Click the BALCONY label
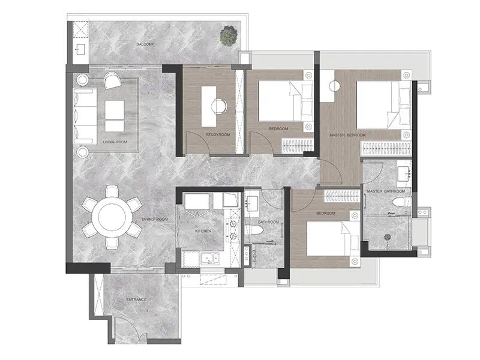coord(145,44)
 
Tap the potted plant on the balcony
coord(229,35)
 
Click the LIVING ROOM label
coord(115,142)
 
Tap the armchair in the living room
coord(112,80)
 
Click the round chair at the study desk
coord(219,106)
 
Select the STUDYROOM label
coord(218,134)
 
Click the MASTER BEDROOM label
coord(347,135)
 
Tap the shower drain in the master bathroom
coord(387,237)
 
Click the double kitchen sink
coord(209,259)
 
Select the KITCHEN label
coord(203,231)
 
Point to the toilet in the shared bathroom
coord(254,230)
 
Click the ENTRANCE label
coord(136,299)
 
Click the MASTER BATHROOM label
coord(386,191)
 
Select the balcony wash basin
coord(81,49)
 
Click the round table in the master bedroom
coord(335,86)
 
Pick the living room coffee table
coord(115,115)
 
